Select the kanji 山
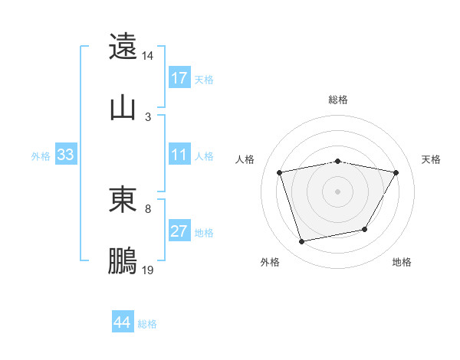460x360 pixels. pyautogui.click(x=123, y=107)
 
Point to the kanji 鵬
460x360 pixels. pyautogui.click(x=123, y=260)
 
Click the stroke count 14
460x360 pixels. pyautogui.click(x=148, y=56)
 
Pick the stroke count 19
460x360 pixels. pyautogui.click(x=148, y=270)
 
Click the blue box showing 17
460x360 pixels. pyautogui.click(x=179, y=78)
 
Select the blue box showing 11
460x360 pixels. pyautogui.click(x=179, y=155)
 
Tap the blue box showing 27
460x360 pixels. pyautogui.click(x=179, y=232)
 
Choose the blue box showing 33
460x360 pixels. pyautogui.click(x=65, y=155)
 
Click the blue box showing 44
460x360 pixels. pyautogui.click(x=123, y=323)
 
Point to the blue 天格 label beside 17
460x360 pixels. pyautogui.click(x=203, y=79)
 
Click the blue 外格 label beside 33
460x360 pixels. pyautogui.click(x=41, y=156)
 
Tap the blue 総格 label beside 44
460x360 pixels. pyautogui.click(x=147, y=324)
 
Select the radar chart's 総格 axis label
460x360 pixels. pyautogui.click(x=337, y=100)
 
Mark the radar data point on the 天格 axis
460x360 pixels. pyautogui.click(x=396, y=172)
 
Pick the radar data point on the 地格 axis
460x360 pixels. pyautogui.click(x=365, y=229)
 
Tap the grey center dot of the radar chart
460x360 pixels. pyautogui.click(x=337, y=191)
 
